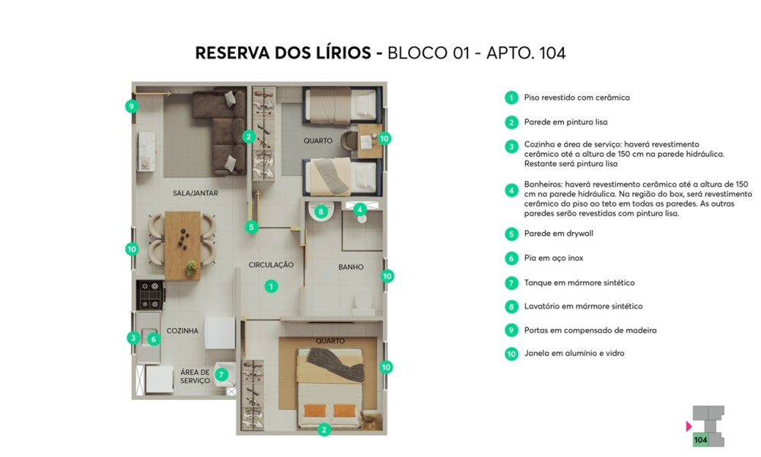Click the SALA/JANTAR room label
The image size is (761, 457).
pyautogui.click(x=195, y=193)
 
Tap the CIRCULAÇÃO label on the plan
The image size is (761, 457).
pyautogui.click(x=271, y=265)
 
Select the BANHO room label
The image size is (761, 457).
pyautogui.click(x=351, y=267)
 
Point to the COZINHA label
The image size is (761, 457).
pyautogui.click(x=183, y=331)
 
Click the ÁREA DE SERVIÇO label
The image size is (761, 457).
pyautogui.click(x=195, y=376)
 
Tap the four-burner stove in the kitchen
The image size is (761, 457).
pyautogui.click(x=150, y=295)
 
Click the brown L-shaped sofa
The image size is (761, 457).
pyautogui.click(x=221, y=131)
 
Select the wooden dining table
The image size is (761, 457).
pyautogui.click(x=183, y=245)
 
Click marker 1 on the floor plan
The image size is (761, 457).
pyautogui.click(x=271, y=286)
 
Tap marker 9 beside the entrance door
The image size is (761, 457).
pyautogui.click(x=131, y=106)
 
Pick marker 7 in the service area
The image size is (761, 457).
pyautogui.click(x=221, y=375)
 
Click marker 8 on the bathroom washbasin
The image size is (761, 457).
pyautogui.click(x=321, y=212)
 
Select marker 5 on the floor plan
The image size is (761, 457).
pyautogui.click(x=251, y=227)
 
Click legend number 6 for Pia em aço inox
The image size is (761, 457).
pyautogui.click(x=511, y=258)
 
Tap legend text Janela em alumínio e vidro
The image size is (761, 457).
pyautogui.click(x=574, y=353)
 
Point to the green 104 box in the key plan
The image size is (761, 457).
pyautogui.click(x=700, y=440)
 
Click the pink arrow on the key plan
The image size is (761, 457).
pyautogui.click(x=689, y=427)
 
